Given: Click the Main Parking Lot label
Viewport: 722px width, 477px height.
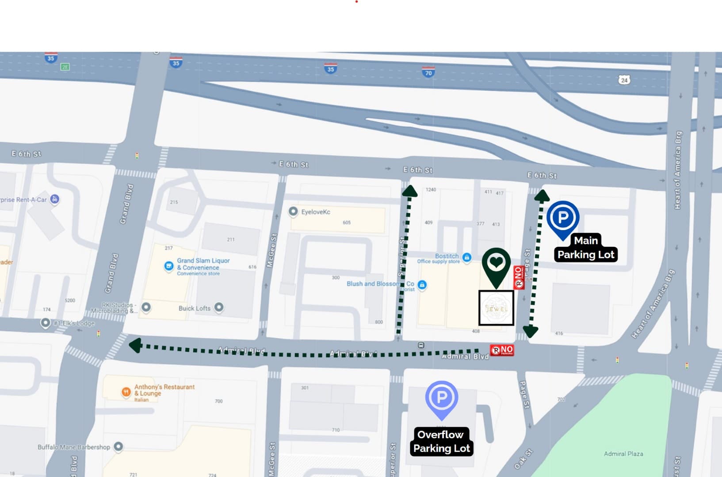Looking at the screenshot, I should pyautogui.click(x=585, y=248).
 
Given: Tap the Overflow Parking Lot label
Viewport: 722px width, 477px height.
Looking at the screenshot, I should pyautogui.click(x=441, y=441).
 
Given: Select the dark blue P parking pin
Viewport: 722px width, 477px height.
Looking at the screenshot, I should pyautogui.click(x=562, y=218).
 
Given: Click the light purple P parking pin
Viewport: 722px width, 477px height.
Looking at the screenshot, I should pyautogui.click(x=441, y=398).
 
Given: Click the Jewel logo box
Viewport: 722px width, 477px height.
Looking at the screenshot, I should pyautogui.click(x=496, y=308).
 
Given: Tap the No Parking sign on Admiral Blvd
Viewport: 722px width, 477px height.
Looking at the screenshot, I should pyautogui.click(x=502, y=350).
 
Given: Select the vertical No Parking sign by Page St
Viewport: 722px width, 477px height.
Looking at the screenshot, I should pyautogui.click(x=519, y=277).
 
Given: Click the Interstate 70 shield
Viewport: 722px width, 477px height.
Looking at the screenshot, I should pyautogui.click(x=428, y=72).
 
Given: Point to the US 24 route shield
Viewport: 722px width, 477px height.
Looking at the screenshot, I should pyautogui.click(x=624, y=80).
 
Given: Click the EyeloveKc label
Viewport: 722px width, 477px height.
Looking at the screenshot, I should pyautogui.click(x=315, y=212).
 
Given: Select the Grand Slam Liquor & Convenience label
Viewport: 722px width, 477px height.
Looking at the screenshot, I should pyautogui.click(x=203, y=265).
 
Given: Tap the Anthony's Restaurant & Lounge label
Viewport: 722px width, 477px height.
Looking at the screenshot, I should pyautogui.click(x=164, y=390).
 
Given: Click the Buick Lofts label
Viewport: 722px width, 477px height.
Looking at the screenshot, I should pyautogui.click(x=195, y=308).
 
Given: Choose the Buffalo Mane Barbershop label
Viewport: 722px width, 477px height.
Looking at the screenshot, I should pyautogui.click(x=73, y=447).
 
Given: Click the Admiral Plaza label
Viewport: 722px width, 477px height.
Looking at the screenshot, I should pyautogui.click(x=623, y=454).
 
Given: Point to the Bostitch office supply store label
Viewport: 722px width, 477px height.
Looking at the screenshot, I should pyautogui.click(x=447, y=257).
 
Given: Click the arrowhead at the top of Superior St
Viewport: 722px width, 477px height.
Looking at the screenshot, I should pyautogui.click(x=410, y=191).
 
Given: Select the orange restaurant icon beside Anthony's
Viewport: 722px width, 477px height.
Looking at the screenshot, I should pyautogui.click(x=126, y=391).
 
